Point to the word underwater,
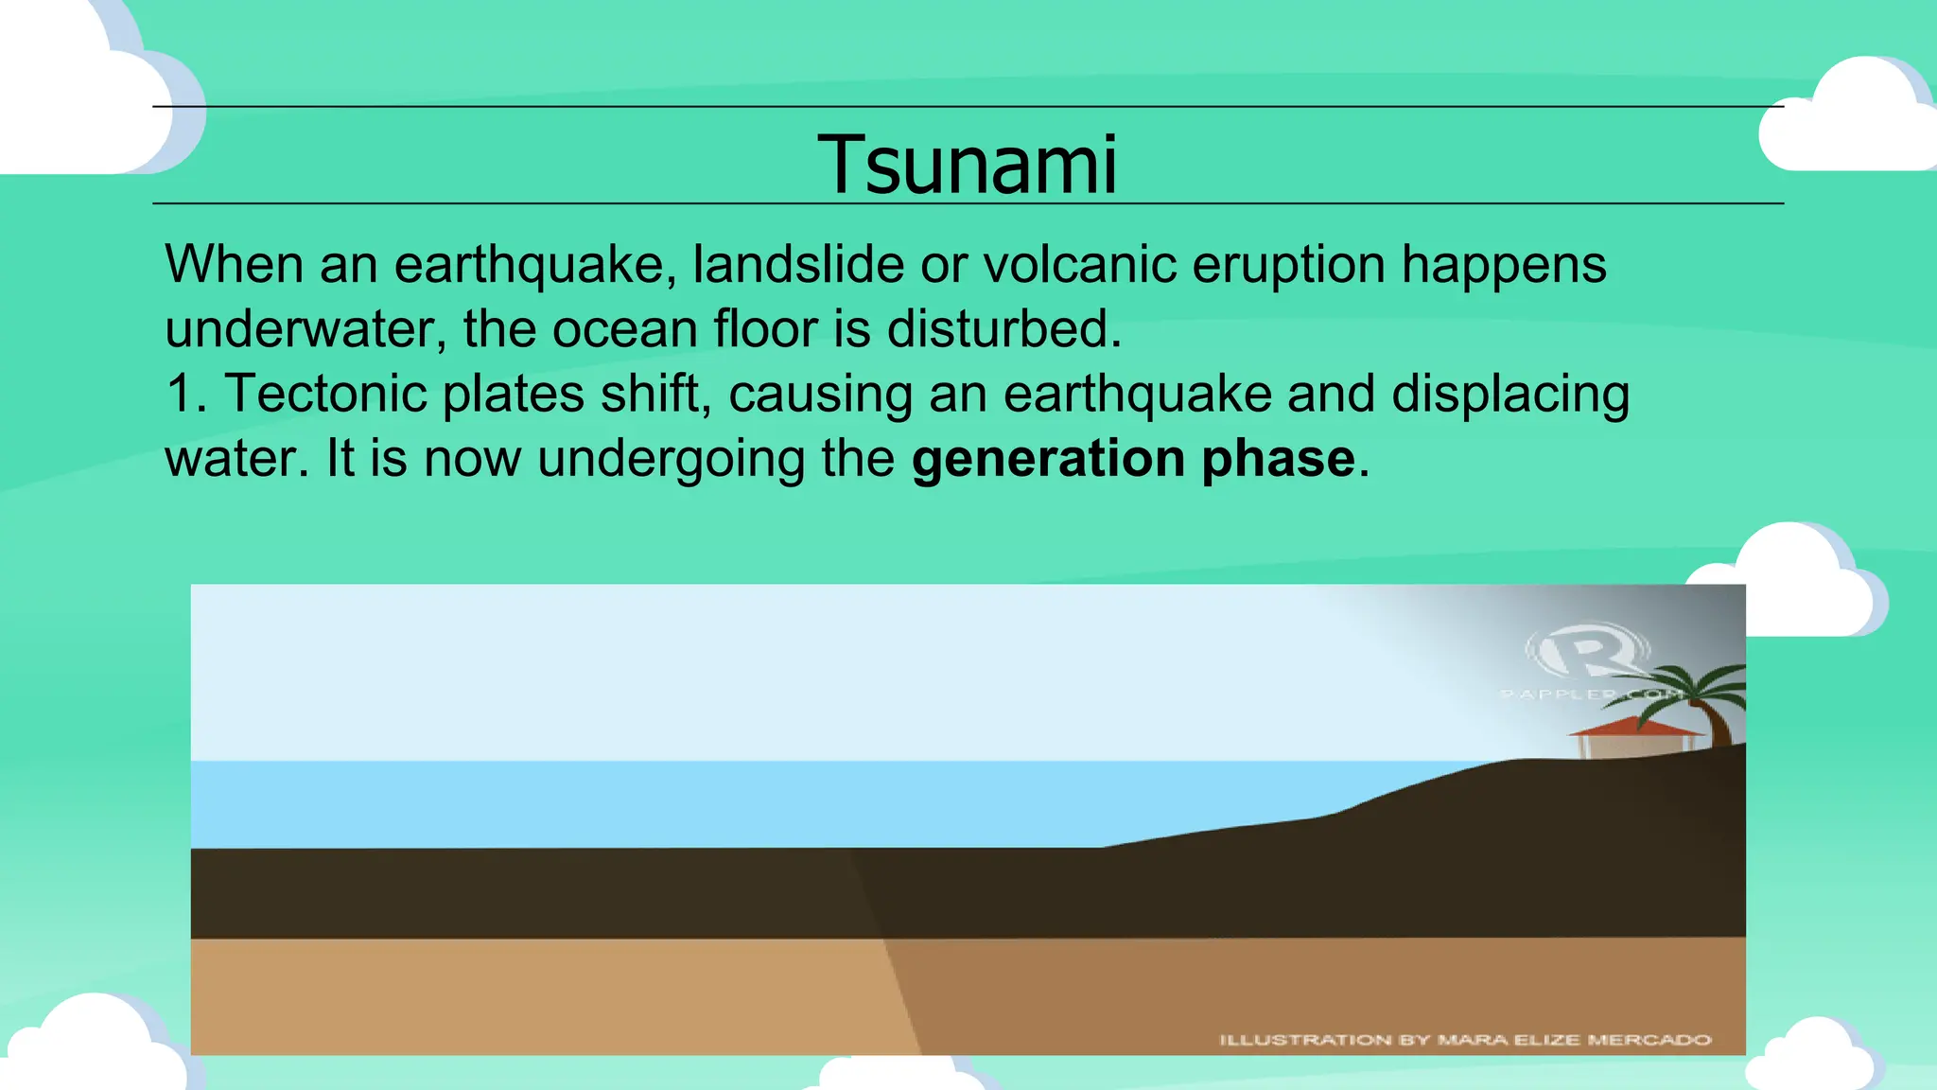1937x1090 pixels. click(x=305, y=329)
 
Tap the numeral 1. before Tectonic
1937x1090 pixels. click(x=185, y=394)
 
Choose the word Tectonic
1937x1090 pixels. click(x=325, y=394)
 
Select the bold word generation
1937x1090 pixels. click(x=1048, y=459)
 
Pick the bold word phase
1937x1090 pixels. click(x=1279, y=459)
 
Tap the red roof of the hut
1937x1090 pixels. click(x=1636, y=727)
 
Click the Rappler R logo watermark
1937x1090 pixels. click(x=1587, y=651)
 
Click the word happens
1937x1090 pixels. click(x=1504, y=264)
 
